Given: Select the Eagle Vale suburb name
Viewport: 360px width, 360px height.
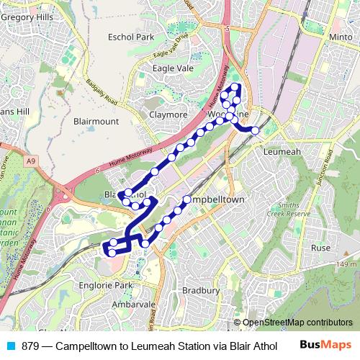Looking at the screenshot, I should pos(174,68).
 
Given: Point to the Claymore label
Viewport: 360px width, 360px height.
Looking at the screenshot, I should pos(168,114).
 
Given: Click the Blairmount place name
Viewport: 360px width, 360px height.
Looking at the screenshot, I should pos(96,122).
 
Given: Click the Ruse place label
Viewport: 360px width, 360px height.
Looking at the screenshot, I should pos(320,248).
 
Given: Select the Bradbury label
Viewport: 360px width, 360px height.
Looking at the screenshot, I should pos(201,290).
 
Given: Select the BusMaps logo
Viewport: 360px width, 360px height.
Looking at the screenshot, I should pos(325,346).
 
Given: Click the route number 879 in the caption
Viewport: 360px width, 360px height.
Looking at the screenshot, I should pos(31,346).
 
